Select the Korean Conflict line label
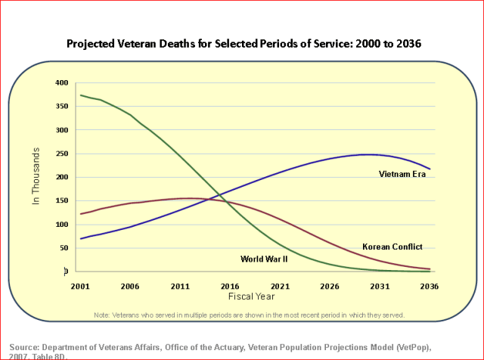point(392,247)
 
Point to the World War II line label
point(264,259)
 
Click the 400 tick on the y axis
point(60,82)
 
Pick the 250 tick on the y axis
point(60,154)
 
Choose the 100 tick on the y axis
point(60,225)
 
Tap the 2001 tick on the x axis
point(81,287)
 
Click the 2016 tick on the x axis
point(230,287)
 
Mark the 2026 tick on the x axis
point(330,287)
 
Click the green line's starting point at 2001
point(81,95)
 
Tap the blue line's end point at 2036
point(430,169)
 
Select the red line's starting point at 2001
point(81,214)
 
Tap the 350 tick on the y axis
point(60,107)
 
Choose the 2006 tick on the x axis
point(130,287)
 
